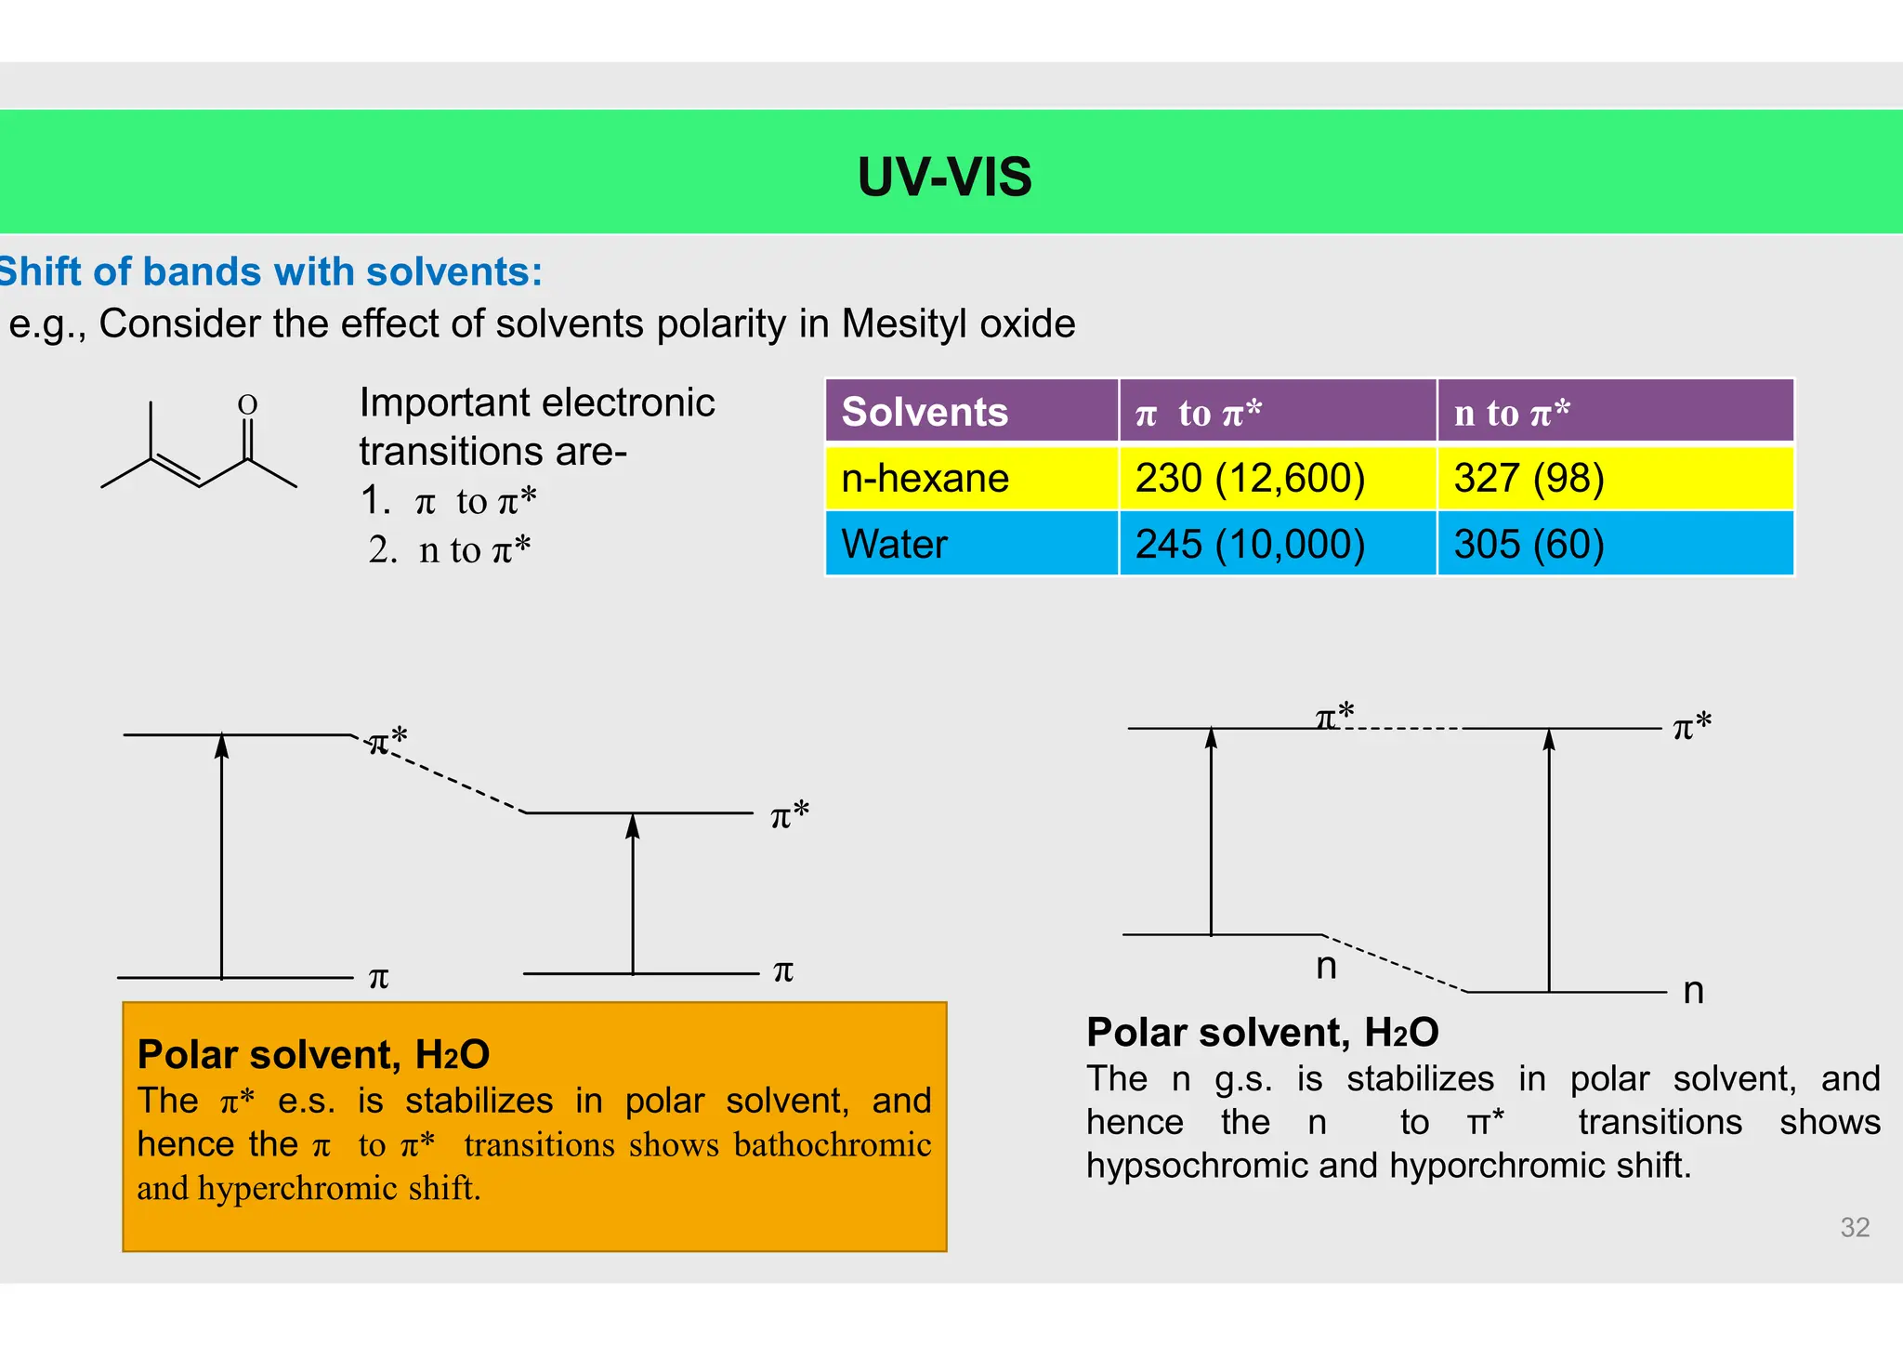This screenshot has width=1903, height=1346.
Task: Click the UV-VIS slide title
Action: click(944, 177)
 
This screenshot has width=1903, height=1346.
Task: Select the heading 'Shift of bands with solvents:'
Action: click(270, 272)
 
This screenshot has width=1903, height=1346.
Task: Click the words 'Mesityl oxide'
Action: click(958, 324)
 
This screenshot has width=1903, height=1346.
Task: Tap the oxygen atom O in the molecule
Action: click(247, 405)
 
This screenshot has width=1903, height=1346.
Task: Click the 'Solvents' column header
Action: click(925, 412)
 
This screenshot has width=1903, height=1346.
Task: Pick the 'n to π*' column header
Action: click(1512, 412)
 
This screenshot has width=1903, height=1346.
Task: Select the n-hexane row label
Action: click(925, 478)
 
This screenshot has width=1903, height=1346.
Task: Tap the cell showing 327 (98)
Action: click(1529, 478)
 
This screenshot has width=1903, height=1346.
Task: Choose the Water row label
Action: click(894, 544)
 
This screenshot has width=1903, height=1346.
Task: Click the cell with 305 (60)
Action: click(1529, 544)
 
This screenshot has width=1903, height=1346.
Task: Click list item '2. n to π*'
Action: click(450, 549)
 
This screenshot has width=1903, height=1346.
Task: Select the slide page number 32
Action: click(1855, 1227)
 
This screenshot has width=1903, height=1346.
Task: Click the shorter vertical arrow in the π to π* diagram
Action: click(633, 892)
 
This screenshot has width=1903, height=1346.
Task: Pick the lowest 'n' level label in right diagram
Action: click(1693, 991)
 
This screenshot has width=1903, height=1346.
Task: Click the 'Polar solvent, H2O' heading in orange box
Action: click(313, 1055)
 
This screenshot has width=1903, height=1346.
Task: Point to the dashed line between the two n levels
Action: click(1394, 963)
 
